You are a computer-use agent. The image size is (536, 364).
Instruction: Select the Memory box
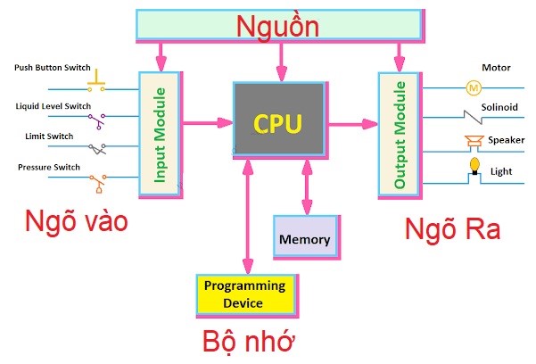click(x=305, y=239)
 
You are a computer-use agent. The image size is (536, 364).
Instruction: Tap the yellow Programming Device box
click(x=245, y=294)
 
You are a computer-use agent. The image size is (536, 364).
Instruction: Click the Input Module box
click(x=160, y=134)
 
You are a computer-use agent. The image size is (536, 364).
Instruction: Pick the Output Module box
click(x=400, y=134)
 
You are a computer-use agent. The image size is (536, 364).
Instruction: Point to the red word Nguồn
click(x=277, y=26)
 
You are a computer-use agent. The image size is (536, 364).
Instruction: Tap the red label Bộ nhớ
click(x=248, y=343)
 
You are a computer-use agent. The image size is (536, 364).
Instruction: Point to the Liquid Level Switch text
click(x=54, y=106)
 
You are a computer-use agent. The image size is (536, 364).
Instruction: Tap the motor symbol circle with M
click(x=474, y=87)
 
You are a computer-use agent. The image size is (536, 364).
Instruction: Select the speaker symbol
click(x=473, y=140)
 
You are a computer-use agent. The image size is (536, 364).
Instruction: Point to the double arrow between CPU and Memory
click(x=306, y=187)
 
